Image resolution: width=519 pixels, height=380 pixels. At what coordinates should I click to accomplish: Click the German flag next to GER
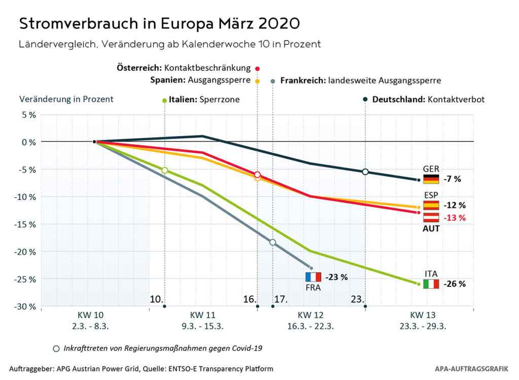[431, 179]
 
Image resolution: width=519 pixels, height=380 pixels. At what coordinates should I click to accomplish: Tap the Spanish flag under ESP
[431, 205]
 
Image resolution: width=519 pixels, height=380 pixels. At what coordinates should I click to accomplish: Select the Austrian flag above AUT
[431, 218]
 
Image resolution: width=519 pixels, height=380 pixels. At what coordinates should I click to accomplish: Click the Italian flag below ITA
[431, 284]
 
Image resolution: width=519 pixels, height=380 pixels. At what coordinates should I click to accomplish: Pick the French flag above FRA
[313, 277]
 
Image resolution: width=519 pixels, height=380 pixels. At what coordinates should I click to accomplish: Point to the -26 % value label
[455, 284]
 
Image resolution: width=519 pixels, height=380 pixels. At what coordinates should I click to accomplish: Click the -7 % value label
[453, 179]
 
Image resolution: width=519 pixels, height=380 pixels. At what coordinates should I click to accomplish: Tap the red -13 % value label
[454, 218]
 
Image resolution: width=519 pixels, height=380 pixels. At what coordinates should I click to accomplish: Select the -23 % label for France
[337, 277]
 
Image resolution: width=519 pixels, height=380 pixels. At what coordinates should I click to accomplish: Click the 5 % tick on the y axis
[28, 114]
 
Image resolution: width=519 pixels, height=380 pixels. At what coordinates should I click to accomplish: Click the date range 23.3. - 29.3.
[419, 326]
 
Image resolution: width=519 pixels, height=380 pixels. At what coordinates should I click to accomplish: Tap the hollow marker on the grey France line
[273, 242]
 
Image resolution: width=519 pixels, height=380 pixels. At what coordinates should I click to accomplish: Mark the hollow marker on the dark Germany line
[365, 172]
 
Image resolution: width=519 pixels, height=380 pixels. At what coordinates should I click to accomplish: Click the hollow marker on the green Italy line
[165, 171]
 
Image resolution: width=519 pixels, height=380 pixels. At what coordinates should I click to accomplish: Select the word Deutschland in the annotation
[398, 100]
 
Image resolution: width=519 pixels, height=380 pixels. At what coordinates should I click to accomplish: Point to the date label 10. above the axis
[156, 299]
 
